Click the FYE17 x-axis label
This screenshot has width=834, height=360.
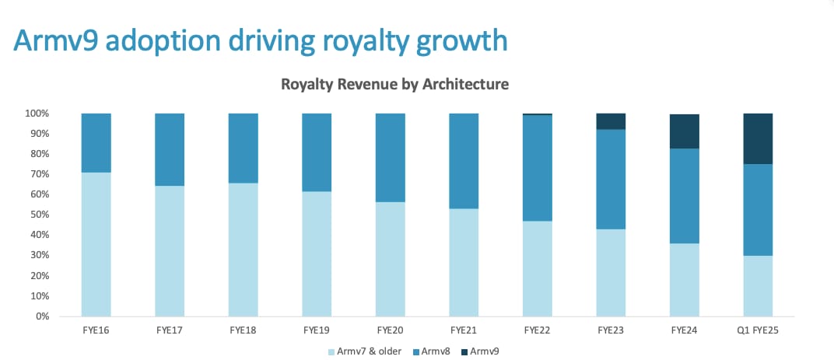coord(170,330)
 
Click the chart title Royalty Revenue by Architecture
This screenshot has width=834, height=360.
coord(394,85)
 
